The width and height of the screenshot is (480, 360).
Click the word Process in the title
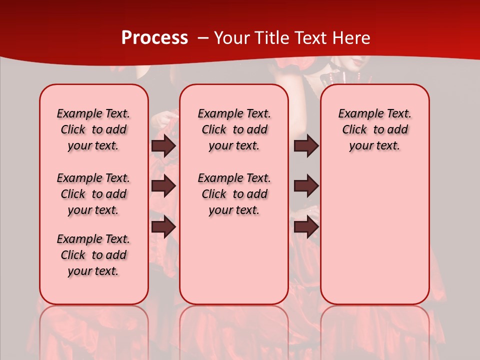[x=154, y=38]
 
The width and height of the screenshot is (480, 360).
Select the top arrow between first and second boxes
[x=163, y=146]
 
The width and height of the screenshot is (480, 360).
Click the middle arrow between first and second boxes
[x=163, y=186]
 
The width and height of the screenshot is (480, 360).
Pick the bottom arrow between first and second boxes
[x=163, y=227]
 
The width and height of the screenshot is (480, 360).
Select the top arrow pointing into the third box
[x=306, y=146]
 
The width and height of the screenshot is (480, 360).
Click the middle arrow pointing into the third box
[x=306, y=186]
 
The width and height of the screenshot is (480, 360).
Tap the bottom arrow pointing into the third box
[x=306, y=227]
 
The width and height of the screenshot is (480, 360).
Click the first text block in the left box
[x=93, y=129]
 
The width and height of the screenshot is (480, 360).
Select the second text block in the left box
[x=93, y=194]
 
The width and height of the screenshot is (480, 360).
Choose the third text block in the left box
[x=93, y=255]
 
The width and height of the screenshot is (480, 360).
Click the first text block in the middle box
[x=234, y=129]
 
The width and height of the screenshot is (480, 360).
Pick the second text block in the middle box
[x=234, y=194]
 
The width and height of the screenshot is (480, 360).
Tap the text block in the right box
[x=374, y=129]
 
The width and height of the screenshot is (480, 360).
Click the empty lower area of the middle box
[x=234, y=260]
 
